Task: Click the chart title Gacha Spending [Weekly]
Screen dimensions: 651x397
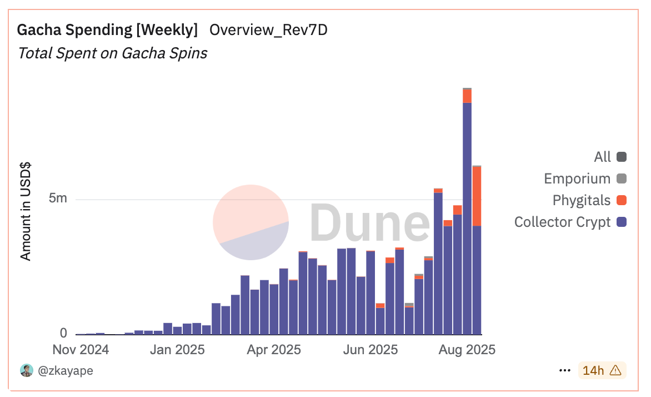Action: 107,30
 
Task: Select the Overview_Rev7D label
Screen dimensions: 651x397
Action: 268,30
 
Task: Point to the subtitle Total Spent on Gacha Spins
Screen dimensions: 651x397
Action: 113,53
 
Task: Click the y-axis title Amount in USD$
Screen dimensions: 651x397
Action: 26,211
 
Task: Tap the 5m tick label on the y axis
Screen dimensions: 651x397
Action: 58,198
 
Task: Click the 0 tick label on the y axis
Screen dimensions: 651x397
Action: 63,333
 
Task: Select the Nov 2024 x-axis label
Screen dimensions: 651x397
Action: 81,350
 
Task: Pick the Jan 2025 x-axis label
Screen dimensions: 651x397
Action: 177,350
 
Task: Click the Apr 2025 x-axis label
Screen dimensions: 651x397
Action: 274,350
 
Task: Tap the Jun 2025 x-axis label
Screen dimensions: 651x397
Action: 370,350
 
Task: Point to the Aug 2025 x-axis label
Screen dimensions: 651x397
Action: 467,350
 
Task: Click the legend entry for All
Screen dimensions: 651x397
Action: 610,157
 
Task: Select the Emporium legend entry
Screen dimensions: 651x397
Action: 585,178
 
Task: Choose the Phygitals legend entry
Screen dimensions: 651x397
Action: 589,200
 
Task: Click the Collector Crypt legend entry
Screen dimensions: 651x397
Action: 570,222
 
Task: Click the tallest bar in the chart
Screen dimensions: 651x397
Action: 467,211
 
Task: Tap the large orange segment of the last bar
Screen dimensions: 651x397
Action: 477,196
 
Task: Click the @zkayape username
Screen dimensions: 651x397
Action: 65,370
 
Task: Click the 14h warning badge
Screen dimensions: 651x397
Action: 602,370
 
